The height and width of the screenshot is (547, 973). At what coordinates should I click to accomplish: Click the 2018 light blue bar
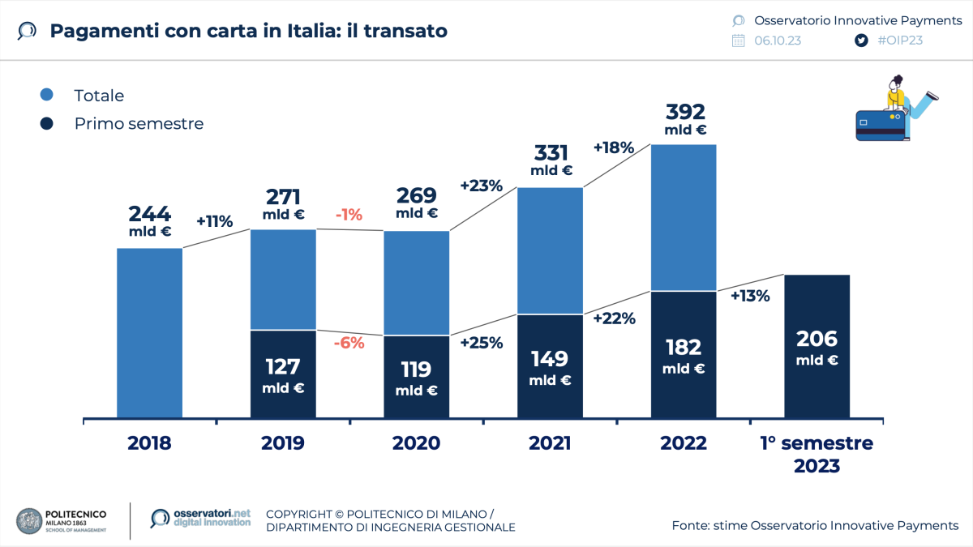point(149,333)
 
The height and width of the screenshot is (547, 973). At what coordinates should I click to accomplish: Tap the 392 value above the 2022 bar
point(685,112)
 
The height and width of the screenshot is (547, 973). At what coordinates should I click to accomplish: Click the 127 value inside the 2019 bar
point(283,365)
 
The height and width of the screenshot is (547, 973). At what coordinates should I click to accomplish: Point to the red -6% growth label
point(349,342)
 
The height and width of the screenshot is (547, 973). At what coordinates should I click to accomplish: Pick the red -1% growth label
point(349,215)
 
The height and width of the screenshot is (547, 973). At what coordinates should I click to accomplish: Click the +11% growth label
point(215,221)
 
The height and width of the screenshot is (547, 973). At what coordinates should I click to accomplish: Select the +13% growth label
point(750,296)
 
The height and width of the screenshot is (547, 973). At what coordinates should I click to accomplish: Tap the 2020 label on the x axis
point(416,443)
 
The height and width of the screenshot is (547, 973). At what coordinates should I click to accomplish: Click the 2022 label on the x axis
point(684,443)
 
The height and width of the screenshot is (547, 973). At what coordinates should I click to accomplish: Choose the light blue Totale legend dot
point(47,95)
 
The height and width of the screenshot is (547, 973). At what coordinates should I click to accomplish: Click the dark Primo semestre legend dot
point(47,123)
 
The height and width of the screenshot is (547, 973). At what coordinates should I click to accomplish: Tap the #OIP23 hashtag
point(900,41)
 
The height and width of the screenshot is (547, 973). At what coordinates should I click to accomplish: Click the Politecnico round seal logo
point(30,522)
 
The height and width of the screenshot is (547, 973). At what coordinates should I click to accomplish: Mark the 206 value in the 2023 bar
point(817,339)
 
